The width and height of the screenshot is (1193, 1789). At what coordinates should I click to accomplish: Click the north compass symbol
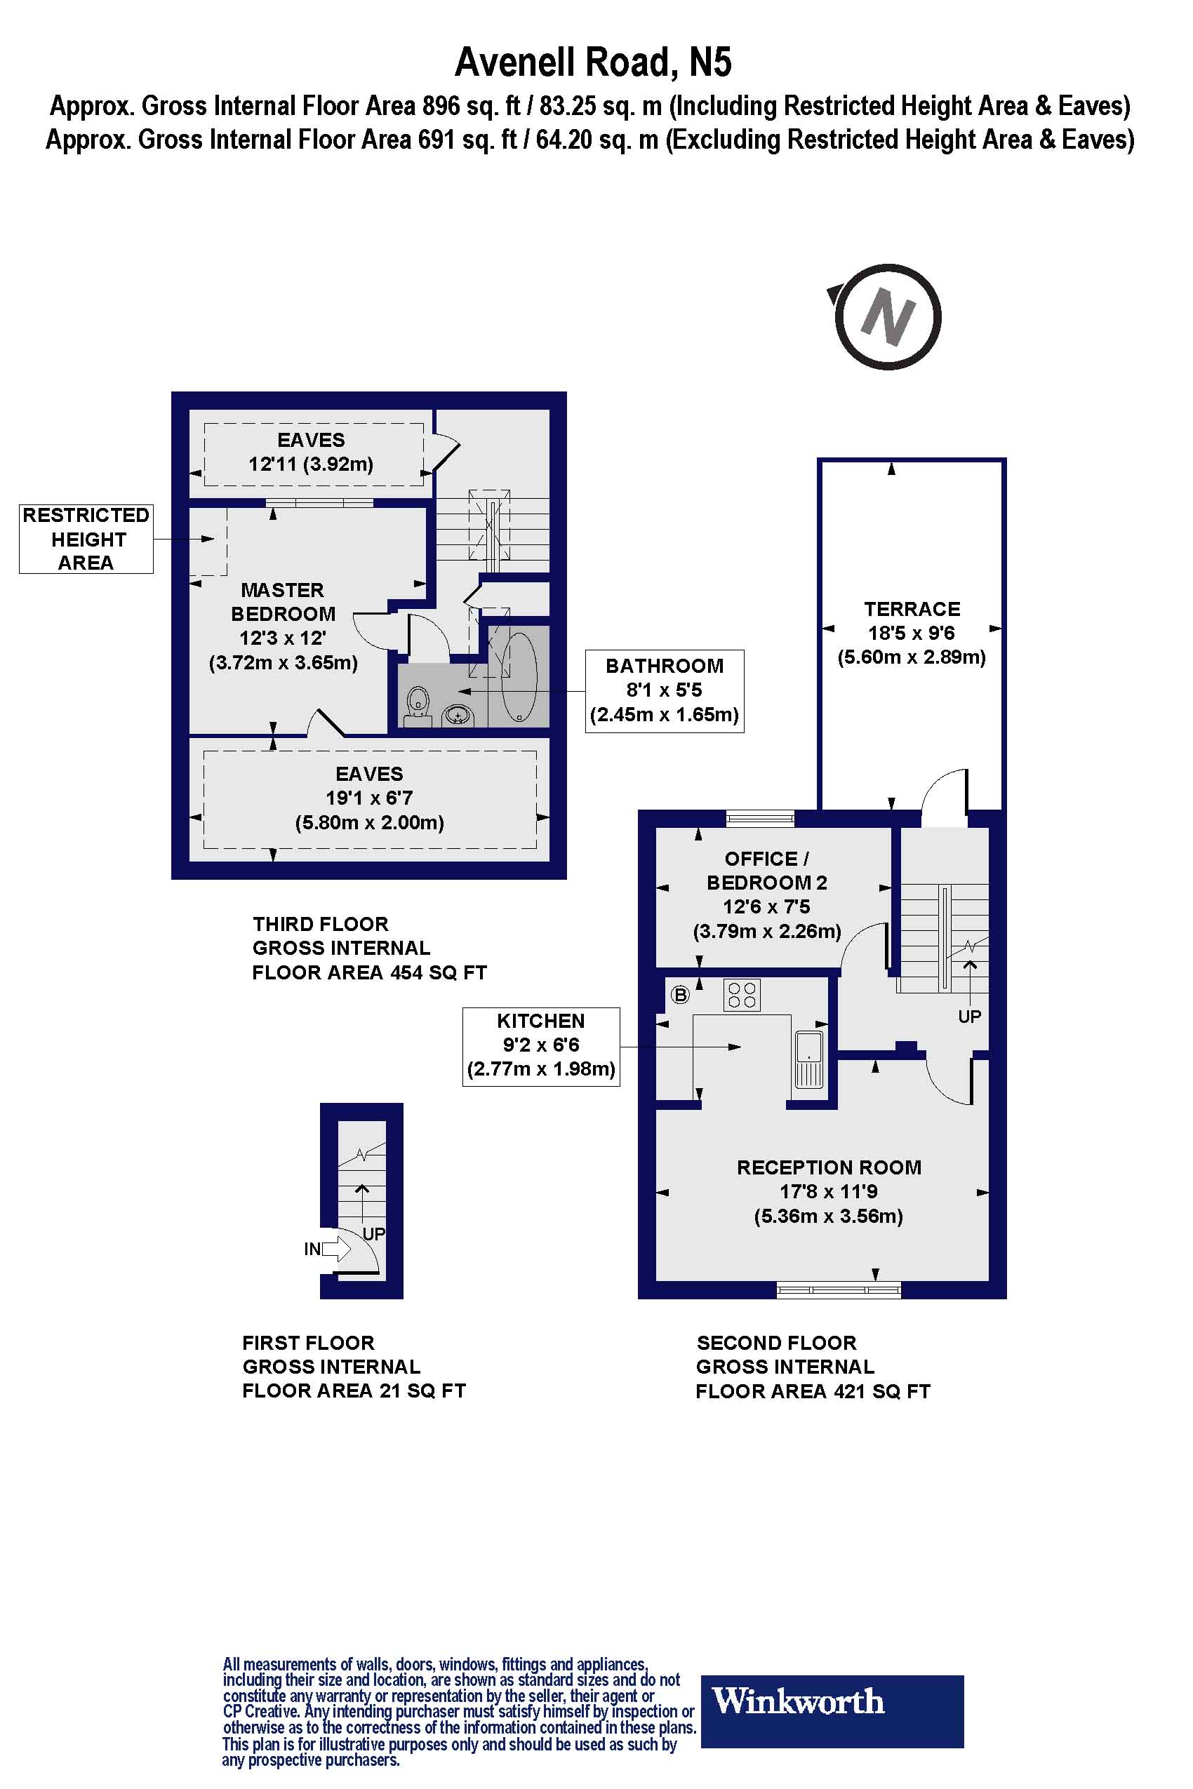(886, 316)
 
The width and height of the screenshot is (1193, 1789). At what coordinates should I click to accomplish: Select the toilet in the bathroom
(418, 704)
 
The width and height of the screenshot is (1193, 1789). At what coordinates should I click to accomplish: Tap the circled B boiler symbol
(679, 994)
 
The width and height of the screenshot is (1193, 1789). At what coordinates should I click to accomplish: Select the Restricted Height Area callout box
(86, 539)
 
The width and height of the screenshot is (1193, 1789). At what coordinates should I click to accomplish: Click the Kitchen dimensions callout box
(541, 1046)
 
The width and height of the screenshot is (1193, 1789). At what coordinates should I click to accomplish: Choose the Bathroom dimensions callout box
(664, 690)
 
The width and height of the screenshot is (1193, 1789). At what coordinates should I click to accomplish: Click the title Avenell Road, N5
(594, 62)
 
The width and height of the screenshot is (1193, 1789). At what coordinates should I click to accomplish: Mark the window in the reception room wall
(839, 1289)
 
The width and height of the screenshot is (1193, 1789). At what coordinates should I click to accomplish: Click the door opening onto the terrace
(944, 798)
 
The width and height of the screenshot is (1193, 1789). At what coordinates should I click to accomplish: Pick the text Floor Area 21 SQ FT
(353, 1391)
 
